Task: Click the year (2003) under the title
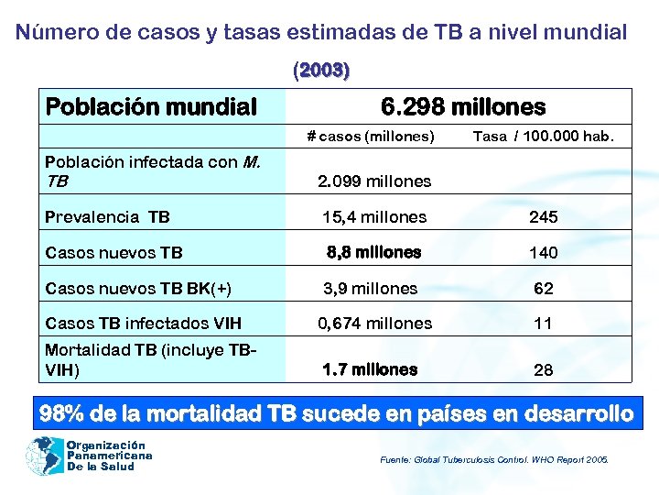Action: (x=321, y=70)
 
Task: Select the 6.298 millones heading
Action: (x=462, y=107)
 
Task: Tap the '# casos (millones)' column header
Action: (x=371, y=137)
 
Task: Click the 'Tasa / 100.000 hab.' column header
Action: (x=544, y=137)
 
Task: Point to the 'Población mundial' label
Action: (x=151, y=107)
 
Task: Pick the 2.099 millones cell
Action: (x=373, y=181)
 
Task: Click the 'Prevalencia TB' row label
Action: (x=107, y=217)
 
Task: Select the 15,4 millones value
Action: (x=373, y=217)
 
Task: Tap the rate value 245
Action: (x=544, y=217)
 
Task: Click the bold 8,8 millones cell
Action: (x=373, y=252)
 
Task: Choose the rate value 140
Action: (x=544, y=252)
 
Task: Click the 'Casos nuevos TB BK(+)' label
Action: (x=138, y=289)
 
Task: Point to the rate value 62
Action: (x=544, y=289)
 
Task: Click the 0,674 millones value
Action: (x=374, y=323)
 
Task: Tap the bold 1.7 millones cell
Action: (x=370, y=369)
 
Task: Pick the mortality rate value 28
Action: (x=544, y=371)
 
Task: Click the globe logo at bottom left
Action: (x=45, y=455)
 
